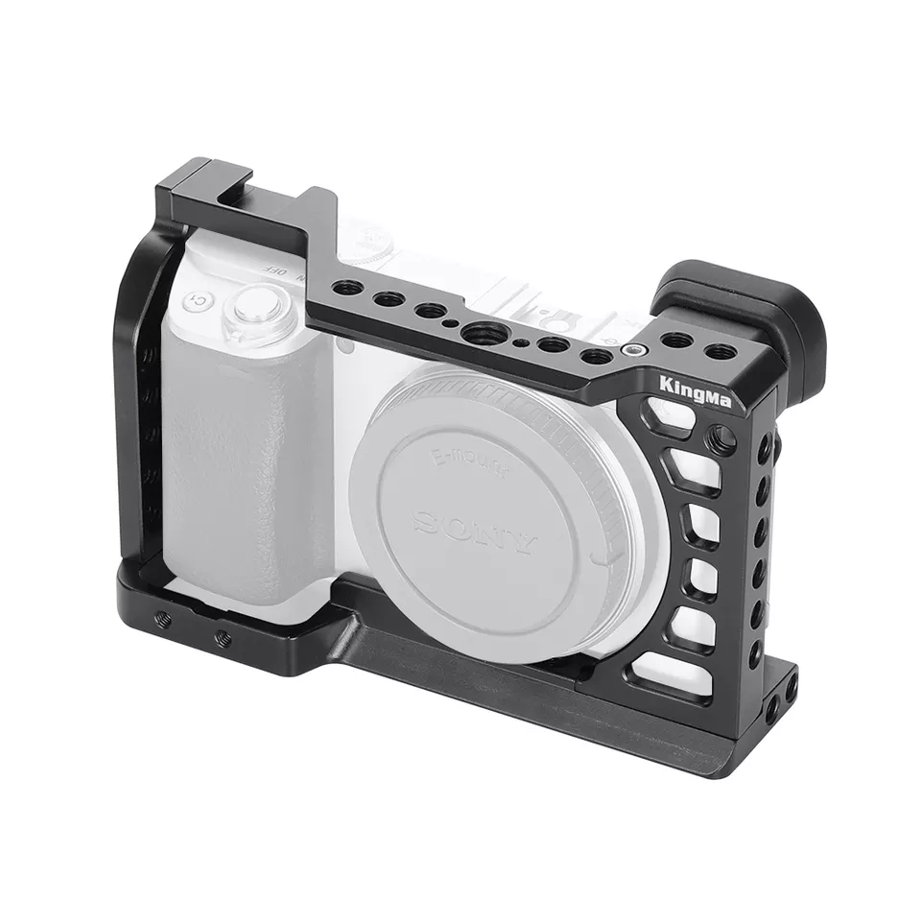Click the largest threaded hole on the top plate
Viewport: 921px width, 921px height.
click(x=476, y=332)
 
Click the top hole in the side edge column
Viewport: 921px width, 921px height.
click(x=765, y=448)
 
